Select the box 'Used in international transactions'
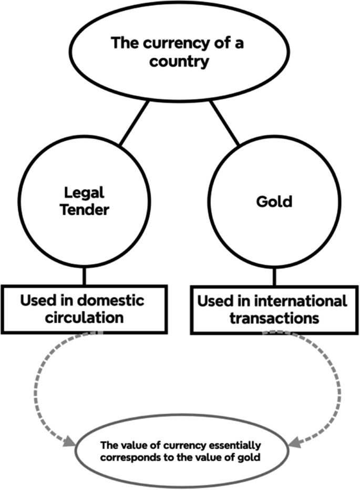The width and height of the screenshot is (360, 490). (x=273, y=309)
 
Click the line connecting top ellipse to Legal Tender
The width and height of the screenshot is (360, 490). (x=136, y=123)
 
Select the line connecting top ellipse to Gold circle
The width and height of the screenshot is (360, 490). (x=225, y=123)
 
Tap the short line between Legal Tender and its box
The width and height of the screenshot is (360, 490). (x=83, y=277)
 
